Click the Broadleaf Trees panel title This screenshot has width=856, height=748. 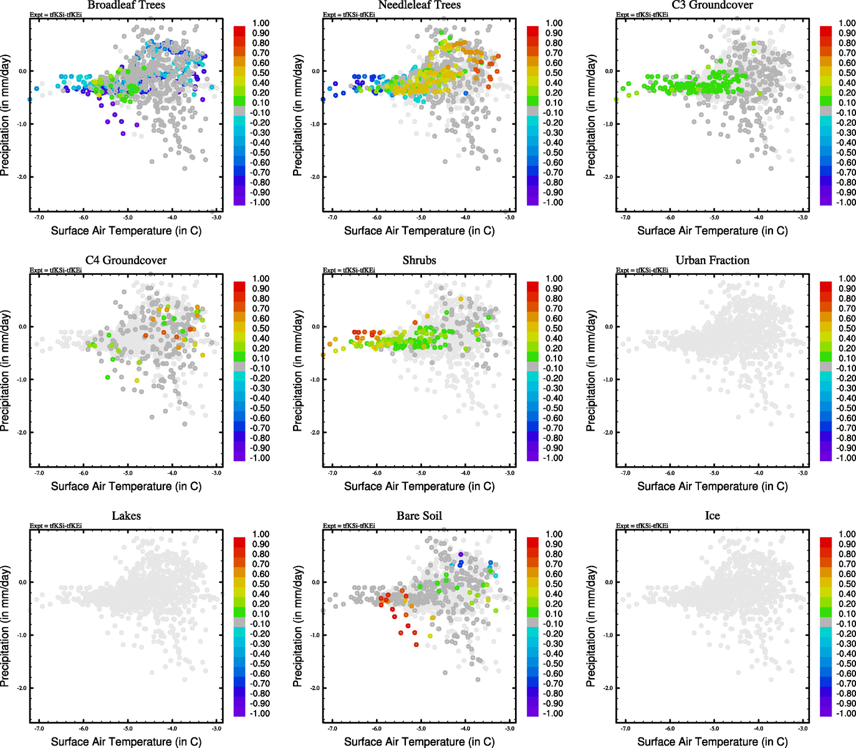[x=126, y=5]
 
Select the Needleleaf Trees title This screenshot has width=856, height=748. [x=419, y=5]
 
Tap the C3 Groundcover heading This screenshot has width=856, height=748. [x=712, y=5]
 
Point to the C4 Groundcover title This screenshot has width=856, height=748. [x=126, y=261]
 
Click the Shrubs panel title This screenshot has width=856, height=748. [x=419, y=261]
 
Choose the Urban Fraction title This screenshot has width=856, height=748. [x=712, y=261]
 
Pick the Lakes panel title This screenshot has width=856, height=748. [x=126, y=516]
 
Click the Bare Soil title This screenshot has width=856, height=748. [x=419, y=516]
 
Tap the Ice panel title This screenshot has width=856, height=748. [x=712, y=516]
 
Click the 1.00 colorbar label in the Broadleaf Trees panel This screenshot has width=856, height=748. [x=261, y=23]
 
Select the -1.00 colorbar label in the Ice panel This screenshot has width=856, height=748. [x=846, y=714]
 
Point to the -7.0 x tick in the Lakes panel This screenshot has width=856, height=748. [x=39, y=728]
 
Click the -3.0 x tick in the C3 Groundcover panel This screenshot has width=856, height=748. [x=803, y=218]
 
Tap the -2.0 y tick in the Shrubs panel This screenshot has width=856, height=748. [x=315, y=433]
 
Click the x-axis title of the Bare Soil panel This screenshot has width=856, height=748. [x=419, y=742]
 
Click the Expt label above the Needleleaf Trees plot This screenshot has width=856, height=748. [x=349, y=15]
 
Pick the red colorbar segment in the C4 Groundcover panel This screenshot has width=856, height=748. [x=239, y=286]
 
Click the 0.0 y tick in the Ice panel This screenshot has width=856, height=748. [x=608, y=582]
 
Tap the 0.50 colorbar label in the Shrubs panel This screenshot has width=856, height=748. [x=554, y=328]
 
